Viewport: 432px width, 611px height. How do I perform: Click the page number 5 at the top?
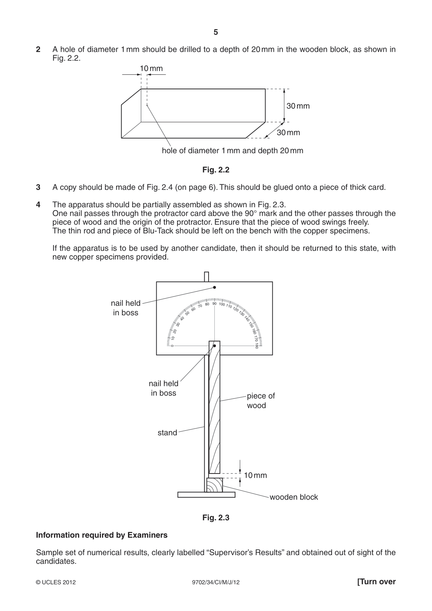click(215, 32)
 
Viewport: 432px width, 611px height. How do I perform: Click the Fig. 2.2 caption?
click(216, 170)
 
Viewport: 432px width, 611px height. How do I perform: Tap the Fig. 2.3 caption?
click(216, 518)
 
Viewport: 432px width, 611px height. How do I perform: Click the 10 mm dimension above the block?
click(151, 69)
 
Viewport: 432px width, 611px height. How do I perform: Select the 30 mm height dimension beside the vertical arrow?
click(298, 106)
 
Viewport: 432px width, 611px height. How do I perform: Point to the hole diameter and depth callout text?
click(233, 151)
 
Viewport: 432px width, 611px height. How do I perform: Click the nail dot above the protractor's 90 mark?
click(214, 287)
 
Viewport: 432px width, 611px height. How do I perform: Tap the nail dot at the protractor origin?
click(214, 346)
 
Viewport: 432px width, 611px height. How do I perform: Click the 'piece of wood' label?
click(261, 401)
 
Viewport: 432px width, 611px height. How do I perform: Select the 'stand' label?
click(167, 432)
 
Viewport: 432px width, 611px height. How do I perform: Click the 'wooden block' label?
click(294, 497)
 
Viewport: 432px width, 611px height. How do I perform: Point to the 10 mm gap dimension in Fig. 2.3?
click(255, 475)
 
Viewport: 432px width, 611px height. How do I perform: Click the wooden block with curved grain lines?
click(214, 485)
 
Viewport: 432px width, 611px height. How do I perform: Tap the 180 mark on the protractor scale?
click(256, 346)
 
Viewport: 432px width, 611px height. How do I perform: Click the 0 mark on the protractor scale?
click(172, 346)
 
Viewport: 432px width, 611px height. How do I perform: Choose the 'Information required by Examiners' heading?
click(102, 535)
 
